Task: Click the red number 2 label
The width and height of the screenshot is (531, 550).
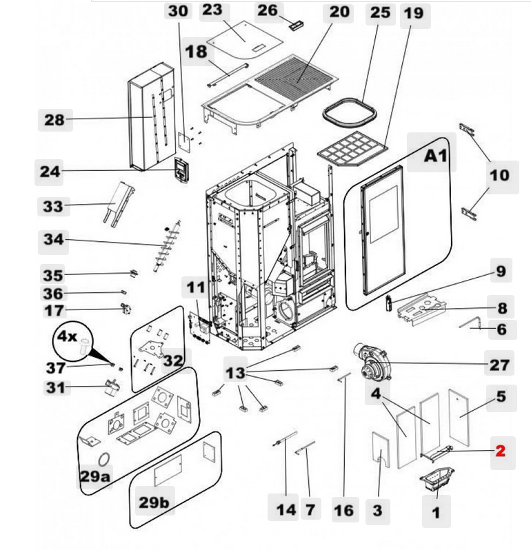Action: (500, 451)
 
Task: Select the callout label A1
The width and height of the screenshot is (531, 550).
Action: (435, 156)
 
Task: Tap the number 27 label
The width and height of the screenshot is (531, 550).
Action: (501, 364)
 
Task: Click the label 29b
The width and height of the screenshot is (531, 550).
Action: (154, 502)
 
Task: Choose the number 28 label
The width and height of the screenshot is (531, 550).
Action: (54, 120)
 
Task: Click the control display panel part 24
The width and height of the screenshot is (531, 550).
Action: (181, 170)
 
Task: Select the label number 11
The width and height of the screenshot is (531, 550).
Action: (197, 287)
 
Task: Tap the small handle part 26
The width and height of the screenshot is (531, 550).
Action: (297, 26)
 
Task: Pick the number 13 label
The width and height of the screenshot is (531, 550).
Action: (236, 373)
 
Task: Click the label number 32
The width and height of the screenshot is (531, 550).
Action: (174, 359)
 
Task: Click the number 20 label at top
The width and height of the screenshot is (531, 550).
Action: (339, 12)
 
